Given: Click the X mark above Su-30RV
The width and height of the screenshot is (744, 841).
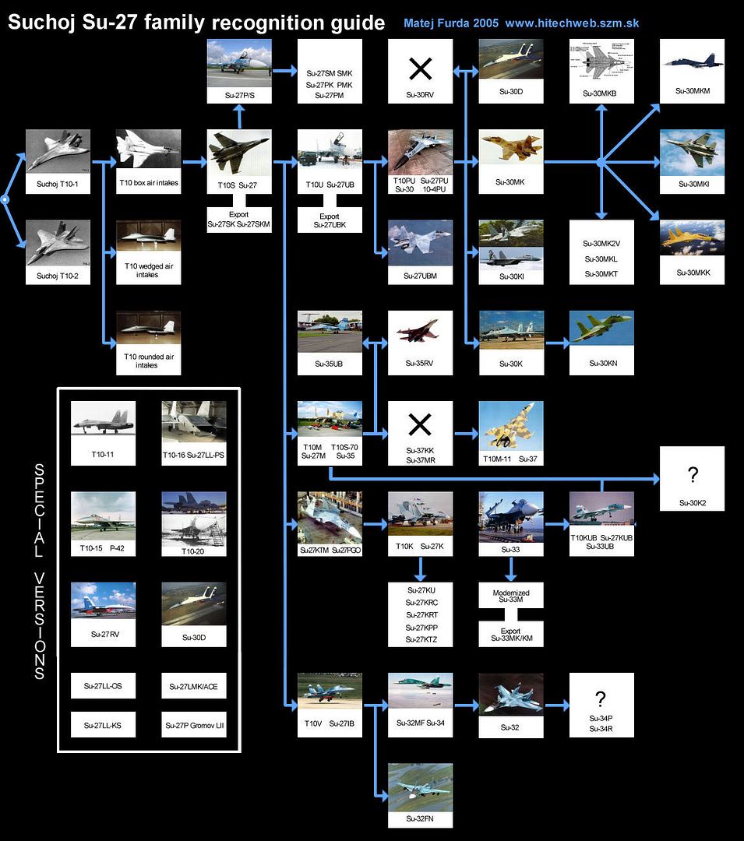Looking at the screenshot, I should point(421,69).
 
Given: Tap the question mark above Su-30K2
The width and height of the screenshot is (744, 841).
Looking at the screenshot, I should point(693,476).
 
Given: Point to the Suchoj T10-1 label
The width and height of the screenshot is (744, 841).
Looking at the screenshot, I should point(58,185).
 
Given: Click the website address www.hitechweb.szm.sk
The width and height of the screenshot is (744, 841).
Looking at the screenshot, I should point(572,23).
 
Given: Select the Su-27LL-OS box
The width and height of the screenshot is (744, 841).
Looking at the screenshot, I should point(103,686).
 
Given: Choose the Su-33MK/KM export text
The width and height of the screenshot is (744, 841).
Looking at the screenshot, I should point(511,635).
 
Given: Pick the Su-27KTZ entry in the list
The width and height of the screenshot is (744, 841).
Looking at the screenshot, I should point(421,639).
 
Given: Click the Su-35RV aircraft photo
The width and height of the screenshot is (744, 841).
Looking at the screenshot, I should point(421,331).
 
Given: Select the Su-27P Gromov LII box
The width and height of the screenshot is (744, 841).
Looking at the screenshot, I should point(194,725).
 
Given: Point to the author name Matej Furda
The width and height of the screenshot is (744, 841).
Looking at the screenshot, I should point(436,23).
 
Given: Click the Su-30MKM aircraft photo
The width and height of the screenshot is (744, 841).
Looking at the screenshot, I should point(692,62).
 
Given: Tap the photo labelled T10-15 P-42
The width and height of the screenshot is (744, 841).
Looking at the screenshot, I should point(103,512).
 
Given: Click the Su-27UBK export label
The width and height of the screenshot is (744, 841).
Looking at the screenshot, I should point(330,221).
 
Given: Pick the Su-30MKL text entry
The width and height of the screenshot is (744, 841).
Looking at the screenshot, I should point(601,258).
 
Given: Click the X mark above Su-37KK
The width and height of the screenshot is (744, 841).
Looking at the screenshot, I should point(421,424).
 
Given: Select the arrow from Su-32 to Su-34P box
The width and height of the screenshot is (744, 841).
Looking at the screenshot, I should point(556,706).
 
